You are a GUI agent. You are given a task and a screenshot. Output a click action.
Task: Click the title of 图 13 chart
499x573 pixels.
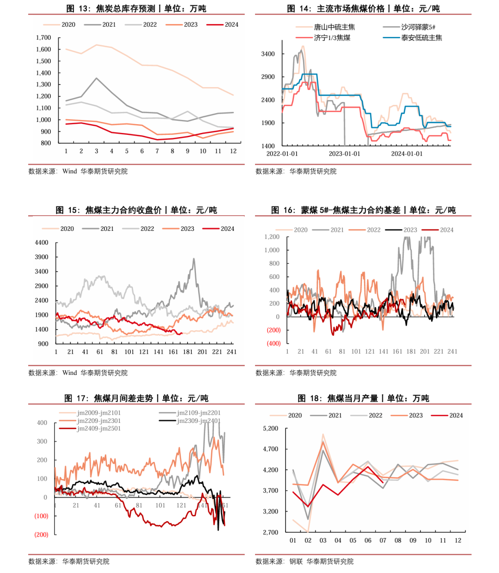click(x=136, y=9)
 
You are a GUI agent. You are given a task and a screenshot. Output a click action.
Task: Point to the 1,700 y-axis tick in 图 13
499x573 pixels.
click(x=43, y=37)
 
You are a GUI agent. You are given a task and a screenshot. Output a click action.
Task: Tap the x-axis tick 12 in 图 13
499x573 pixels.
click(x=233, y=151)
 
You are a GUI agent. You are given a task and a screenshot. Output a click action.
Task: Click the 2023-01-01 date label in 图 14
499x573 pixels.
click(x=344, y=154)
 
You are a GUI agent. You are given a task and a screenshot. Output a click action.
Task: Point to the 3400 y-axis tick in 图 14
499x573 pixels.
click(x=268, y=54)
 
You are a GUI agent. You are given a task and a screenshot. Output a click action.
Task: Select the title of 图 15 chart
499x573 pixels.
click(x=136, y=210)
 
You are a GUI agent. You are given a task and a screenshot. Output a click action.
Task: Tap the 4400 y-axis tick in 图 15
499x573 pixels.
click(x=42, y=242)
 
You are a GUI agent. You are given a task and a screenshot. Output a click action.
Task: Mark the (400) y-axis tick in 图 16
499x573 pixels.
click(x=274, y=343)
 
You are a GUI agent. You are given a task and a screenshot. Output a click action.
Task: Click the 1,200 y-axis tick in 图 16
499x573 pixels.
click(x=272, y=237)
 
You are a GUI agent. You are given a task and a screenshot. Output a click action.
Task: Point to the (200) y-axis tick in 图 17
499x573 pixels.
click(x=42, y=534)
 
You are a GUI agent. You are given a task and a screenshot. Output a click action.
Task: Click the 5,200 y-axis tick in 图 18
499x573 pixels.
click(x=270, y=428)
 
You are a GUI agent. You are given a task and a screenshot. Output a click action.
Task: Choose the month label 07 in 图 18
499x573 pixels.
click(x=383, y=540)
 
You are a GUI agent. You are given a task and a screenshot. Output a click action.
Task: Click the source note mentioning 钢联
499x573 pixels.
click(x=304, y=561)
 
